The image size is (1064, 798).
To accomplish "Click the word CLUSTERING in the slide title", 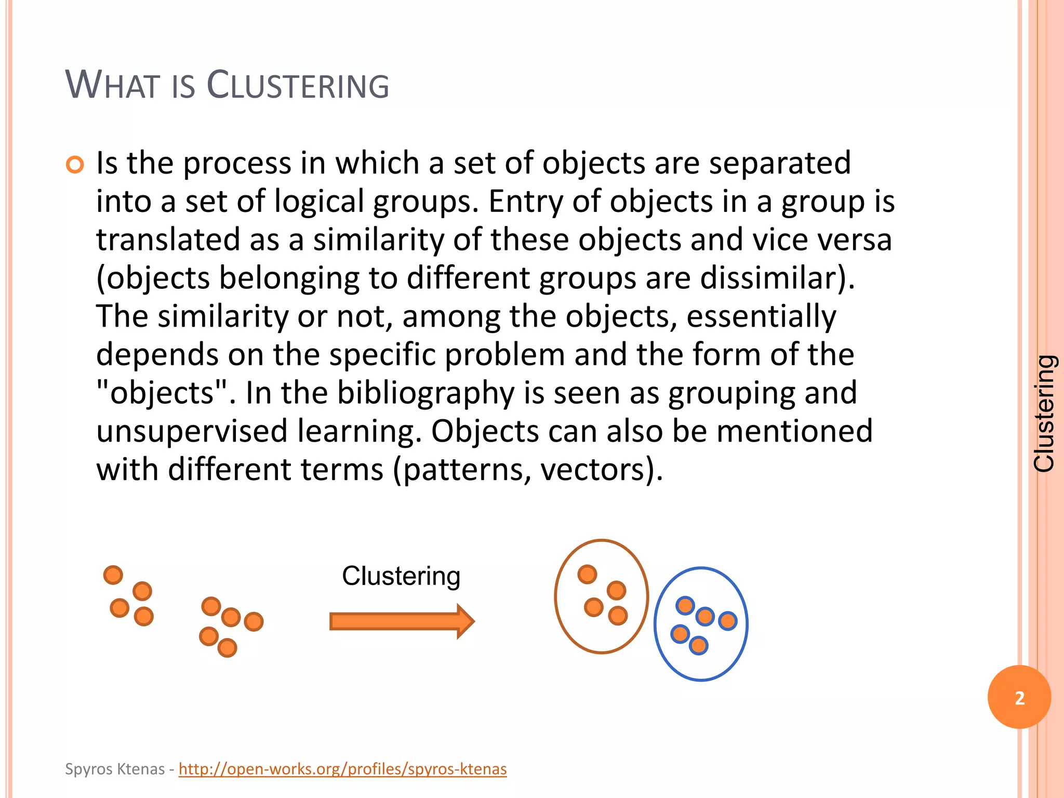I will point(298,85).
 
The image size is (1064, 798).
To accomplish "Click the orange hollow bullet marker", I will point(75,165).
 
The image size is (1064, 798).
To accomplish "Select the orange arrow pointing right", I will point(402,621).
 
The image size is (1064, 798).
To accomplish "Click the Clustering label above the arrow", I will point(401,576).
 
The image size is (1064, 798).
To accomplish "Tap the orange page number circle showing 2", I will point(1019,697).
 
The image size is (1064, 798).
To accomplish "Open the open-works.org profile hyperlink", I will point(342,769).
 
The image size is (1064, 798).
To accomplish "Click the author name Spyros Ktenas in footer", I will point(114,769).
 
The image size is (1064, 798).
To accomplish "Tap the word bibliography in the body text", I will point(425,393).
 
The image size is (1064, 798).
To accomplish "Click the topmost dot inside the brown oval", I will point(587,574).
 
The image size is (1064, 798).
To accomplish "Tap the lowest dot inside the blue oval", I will point(698,645).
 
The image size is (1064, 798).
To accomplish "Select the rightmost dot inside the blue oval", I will point(727,620).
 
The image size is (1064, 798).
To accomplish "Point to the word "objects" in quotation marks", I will point(162,393).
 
